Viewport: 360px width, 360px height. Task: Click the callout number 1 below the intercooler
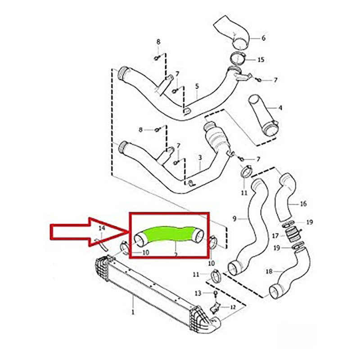coord(133,311)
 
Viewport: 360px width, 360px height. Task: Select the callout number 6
coord(263,38)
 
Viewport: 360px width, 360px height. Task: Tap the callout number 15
coord(261,59)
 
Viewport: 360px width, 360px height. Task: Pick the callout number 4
coord(280,108)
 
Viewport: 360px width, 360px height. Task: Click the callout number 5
coord(197,86)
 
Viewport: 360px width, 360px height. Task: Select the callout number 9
coord(234,219)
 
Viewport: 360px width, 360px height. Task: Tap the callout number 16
coord(303,204)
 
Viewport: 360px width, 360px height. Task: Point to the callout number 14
coord(102,229)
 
